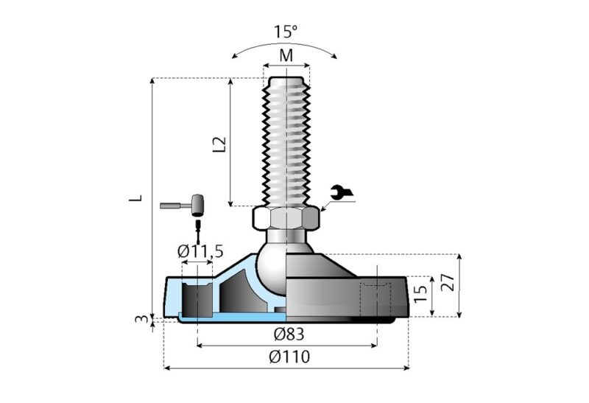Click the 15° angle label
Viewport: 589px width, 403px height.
286,32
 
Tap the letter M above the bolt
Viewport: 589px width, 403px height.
286,57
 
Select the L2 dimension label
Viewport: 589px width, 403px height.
219,143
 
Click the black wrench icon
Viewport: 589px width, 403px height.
342,192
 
